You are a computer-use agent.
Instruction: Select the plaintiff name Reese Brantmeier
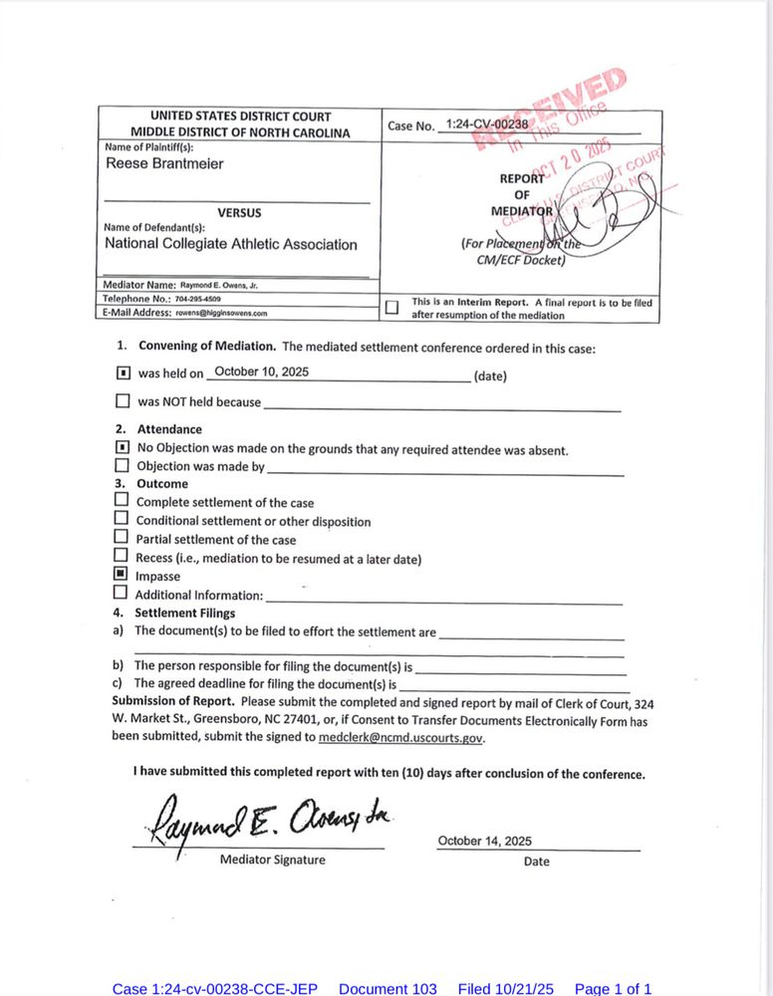click(164, 164)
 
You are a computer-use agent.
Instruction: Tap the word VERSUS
click(239, 212)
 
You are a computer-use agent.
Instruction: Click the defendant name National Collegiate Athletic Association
click(231, 244)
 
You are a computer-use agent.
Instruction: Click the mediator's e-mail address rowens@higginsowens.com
click(222, 313)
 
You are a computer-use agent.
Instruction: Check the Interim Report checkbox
click(392, 308)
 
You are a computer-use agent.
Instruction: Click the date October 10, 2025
click(261, 372)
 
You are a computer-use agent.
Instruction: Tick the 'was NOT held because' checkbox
click(123, 402)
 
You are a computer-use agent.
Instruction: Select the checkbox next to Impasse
click(122, 575)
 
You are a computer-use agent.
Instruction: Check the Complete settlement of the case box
click(122, 500)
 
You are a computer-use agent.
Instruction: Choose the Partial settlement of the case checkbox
click(122, 538)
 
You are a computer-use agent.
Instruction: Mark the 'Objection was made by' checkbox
click(122, 465)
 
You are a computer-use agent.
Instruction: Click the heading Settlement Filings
click(185, 613)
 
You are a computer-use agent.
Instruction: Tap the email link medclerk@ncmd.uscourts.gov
click(400, 738)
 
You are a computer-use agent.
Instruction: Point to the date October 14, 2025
click(485, 842)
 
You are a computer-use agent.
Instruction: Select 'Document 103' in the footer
click(387, 988)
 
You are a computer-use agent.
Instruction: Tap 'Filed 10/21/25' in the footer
click(505, 988)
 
